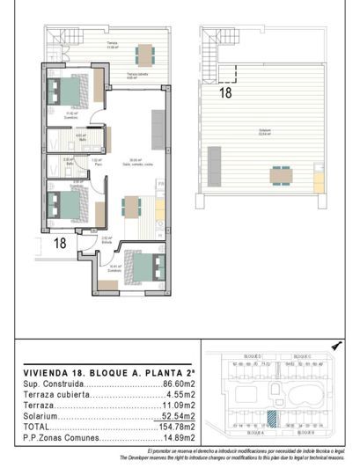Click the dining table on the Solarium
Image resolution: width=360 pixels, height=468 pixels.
pyautogui.click(x=281, y=174)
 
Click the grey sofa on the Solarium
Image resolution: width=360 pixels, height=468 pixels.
pyautogui.click(x=213, y=163)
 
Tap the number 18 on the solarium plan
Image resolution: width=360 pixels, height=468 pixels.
pyautogui.click(x=224, y=91)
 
